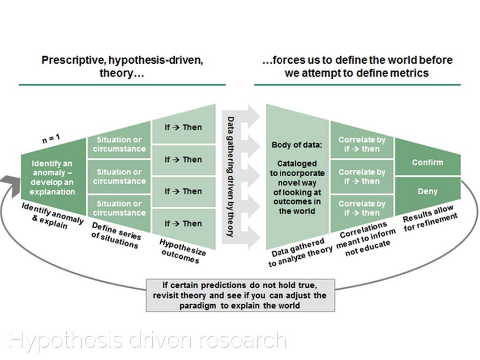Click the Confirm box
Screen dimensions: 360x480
tap(427, 162)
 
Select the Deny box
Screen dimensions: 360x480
tap(427, 191)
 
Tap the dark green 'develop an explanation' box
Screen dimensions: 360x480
tap(52, 178)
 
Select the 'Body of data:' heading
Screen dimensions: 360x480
tap(297, 145)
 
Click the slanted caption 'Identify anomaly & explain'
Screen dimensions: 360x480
tap(52, 216)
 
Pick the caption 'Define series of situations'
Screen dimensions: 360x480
tap(115, 235)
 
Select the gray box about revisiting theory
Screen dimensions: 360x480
tap(240, 295)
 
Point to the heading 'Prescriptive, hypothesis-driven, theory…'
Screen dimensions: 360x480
tap(122, 67)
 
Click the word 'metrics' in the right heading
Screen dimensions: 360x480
tap(412, 73)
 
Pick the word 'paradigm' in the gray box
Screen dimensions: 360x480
tap(198, 306)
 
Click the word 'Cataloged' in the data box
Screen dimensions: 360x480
tap(297, 164)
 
